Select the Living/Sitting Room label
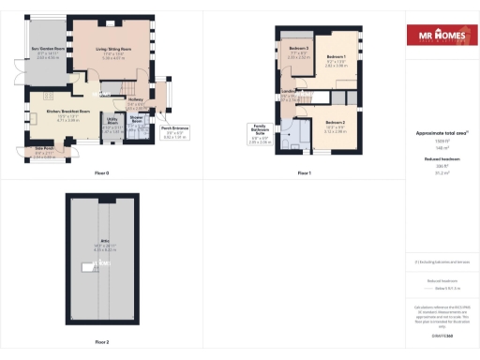tap(112, 48)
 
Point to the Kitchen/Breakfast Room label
tap(66, 112)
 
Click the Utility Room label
tap(111, 121)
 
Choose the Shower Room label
tap(137, 120)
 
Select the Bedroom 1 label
tap(335, 57)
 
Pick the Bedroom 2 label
tap(337, 123)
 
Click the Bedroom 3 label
tap(298, 48)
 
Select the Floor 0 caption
tap(102, 173)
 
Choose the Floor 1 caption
tap(303, 173)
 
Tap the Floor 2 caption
tap(101, 342)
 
